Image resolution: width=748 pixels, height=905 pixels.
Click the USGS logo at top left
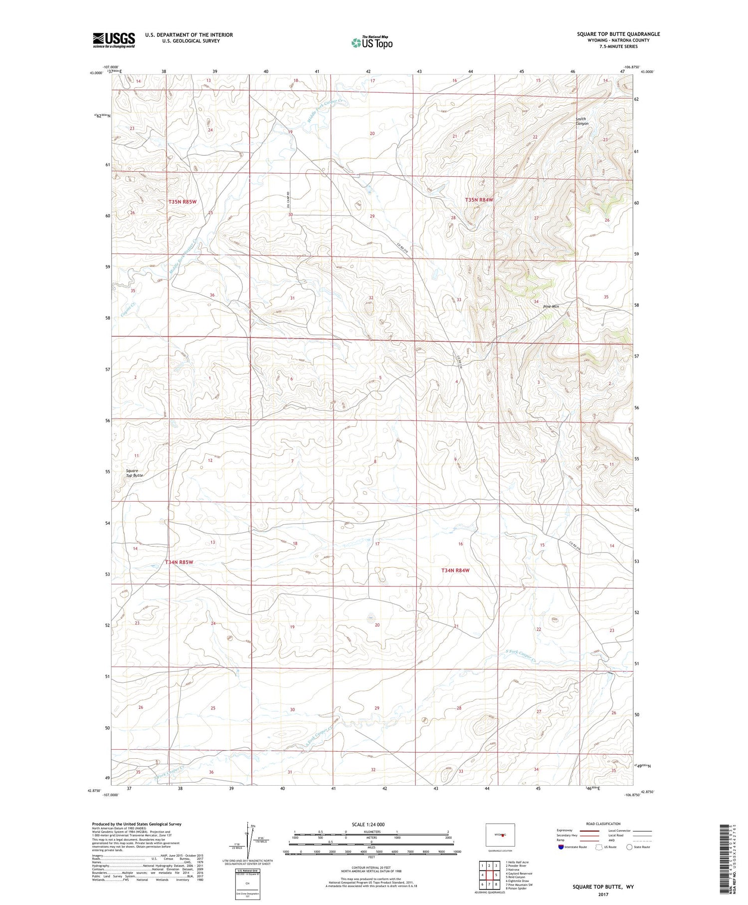point(114,40)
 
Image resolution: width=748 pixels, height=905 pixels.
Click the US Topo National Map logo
point(372,42)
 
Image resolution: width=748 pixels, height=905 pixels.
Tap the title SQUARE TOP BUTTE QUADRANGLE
point(618,34)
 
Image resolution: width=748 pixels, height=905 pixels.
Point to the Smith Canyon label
point(581,121)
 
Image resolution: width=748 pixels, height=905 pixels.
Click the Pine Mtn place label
point(551,306)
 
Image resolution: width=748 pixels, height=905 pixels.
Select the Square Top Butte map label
point(134,473)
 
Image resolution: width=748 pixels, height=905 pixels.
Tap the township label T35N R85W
point(182,202)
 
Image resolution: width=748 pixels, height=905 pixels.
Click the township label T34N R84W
point(455,570)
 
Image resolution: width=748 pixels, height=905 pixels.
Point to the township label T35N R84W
point(479,200)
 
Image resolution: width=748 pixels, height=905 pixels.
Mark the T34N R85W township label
point(179,562)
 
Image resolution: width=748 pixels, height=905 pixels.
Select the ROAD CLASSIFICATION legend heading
point(603,824)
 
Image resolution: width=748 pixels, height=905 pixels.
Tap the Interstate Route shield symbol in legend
point(561,847)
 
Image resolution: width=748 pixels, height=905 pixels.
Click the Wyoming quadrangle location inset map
point(500,835)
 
